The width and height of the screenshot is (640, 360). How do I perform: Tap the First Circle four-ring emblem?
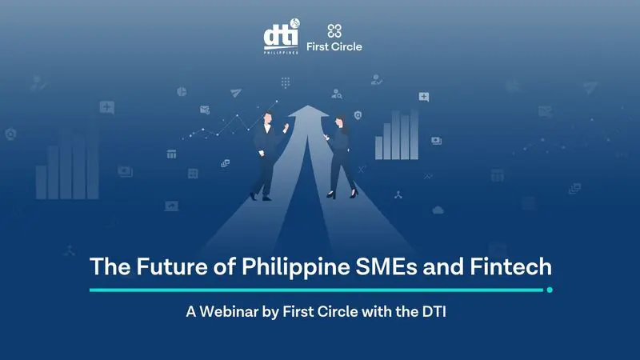click(x=334, y=30)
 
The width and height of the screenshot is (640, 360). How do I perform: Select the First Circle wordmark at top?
click(x=334, y=46)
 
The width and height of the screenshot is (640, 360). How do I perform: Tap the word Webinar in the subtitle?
click(x=226, y=313)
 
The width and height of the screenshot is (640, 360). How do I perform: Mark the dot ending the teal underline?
click(x=549, y=290)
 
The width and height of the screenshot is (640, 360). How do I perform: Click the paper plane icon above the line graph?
click(x=235, y=94)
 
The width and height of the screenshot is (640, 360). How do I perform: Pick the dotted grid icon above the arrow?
click(x=285, y=82)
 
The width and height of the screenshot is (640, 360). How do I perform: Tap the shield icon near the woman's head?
click(x=357, y=116)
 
